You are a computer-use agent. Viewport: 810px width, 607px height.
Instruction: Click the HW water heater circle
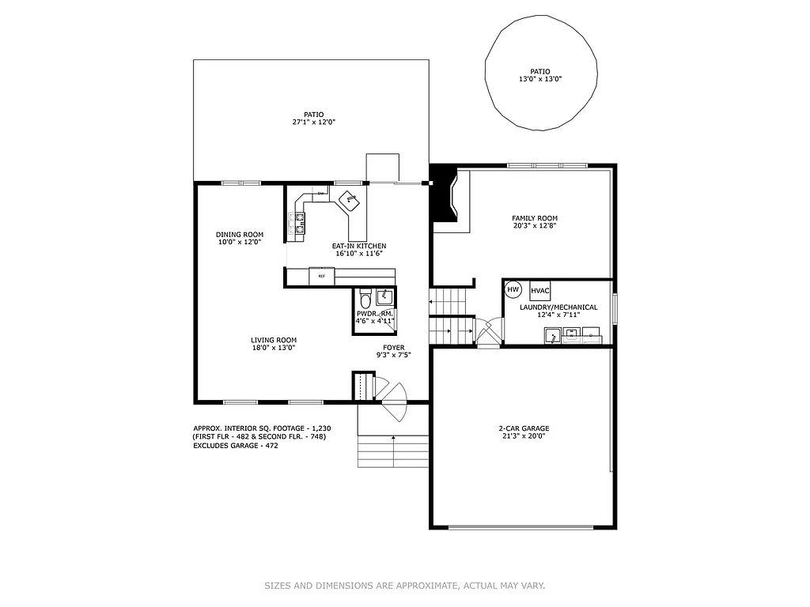(513, 290)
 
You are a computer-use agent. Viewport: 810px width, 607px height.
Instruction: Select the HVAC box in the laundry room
(540, 290)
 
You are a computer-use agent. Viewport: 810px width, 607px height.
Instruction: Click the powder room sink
(385, 297)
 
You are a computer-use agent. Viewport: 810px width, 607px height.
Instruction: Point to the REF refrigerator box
(321, 276)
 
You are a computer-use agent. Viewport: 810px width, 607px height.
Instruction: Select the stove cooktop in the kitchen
(300, 222)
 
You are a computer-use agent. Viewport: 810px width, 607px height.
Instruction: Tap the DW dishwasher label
(320, 194)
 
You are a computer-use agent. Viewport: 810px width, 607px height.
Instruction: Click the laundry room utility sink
(551, 337)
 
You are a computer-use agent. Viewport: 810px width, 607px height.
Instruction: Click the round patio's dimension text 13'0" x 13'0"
(540, 79)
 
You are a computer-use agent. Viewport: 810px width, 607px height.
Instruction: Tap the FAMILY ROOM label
(535, 218)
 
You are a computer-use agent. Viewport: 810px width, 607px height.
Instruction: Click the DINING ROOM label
(240, 234)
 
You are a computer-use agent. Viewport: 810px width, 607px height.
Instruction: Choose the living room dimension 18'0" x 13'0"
(274, 348)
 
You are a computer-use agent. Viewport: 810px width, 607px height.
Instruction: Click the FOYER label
(393, 347)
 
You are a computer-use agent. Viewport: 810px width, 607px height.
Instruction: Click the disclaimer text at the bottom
(404, 586)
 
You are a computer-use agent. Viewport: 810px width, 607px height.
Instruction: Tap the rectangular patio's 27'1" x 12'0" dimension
(313, 123)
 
